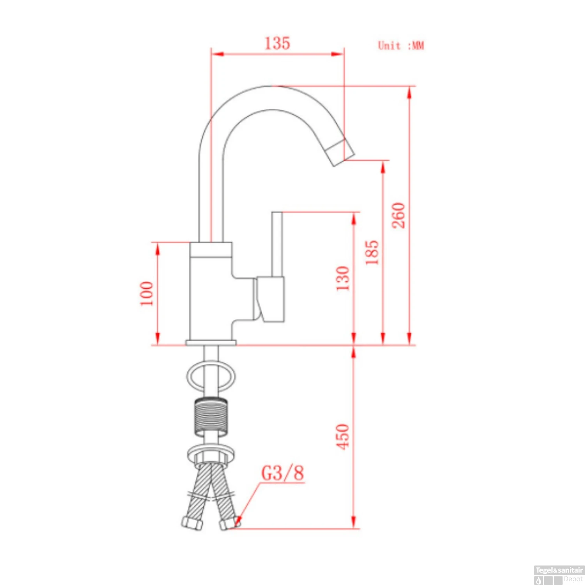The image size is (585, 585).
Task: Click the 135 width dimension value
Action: click(x=277, y=43)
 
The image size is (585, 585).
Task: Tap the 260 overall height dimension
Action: click(x=399, y=215)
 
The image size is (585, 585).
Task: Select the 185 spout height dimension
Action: click(x=372, y=252)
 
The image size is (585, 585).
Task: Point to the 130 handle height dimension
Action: click(x=343, y=278)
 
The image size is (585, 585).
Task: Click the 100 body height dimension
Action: click(x=147, y=293)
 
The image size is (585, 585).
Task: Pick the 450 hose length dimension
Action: click(x=343, y=437)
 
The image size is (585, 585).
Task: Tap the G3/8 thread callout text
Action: click(x=282, y=473)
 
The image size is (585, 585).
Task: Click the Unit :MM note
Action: click(x=401, y=46)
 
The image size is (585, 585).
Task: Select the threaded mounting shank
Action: click(x=211, y=417)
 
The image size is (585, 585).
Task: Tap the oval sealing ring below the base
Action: click(x=211, y=377)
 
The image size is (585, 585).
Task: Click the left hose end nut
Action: click(x=192, y=523)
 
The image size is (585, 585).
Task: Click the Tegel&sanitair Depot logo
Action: click(x=559, y=575)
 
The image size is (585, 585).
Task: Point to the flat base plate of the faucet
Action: click(x=211, y=343)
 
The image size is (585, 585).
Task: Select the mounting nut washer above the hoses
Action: click(x=211, y=454)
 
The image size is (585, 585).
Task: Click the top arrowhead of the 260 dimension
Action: click(x=409, y=93)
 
